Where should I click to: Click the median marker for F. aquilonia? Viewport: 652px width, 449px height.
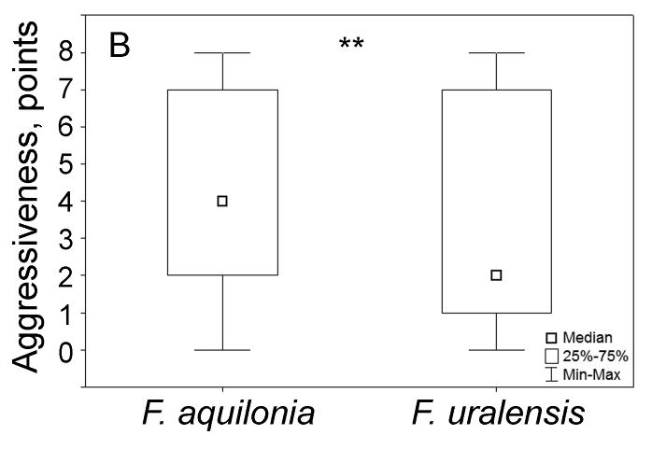pos(222,201)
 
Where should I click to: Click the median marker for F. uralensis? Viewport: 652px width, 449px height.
pos(496,274)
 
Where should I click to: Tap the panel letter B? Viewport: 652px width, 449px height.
pos(121,45)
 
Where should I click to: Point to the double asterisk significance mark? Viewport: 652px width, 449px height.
pos(351,44)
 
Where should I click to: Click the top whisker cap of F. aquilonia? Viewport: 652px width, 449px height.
pos(222,53)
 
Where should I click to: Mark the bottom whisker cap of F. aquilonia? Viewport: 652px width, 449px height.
pos(222,350)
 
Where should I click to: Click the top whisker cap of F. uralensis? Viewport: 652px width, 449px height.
pos(496,53)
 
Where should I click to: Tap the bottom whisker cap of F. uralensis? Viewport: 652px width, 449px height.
pos(496,350)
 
